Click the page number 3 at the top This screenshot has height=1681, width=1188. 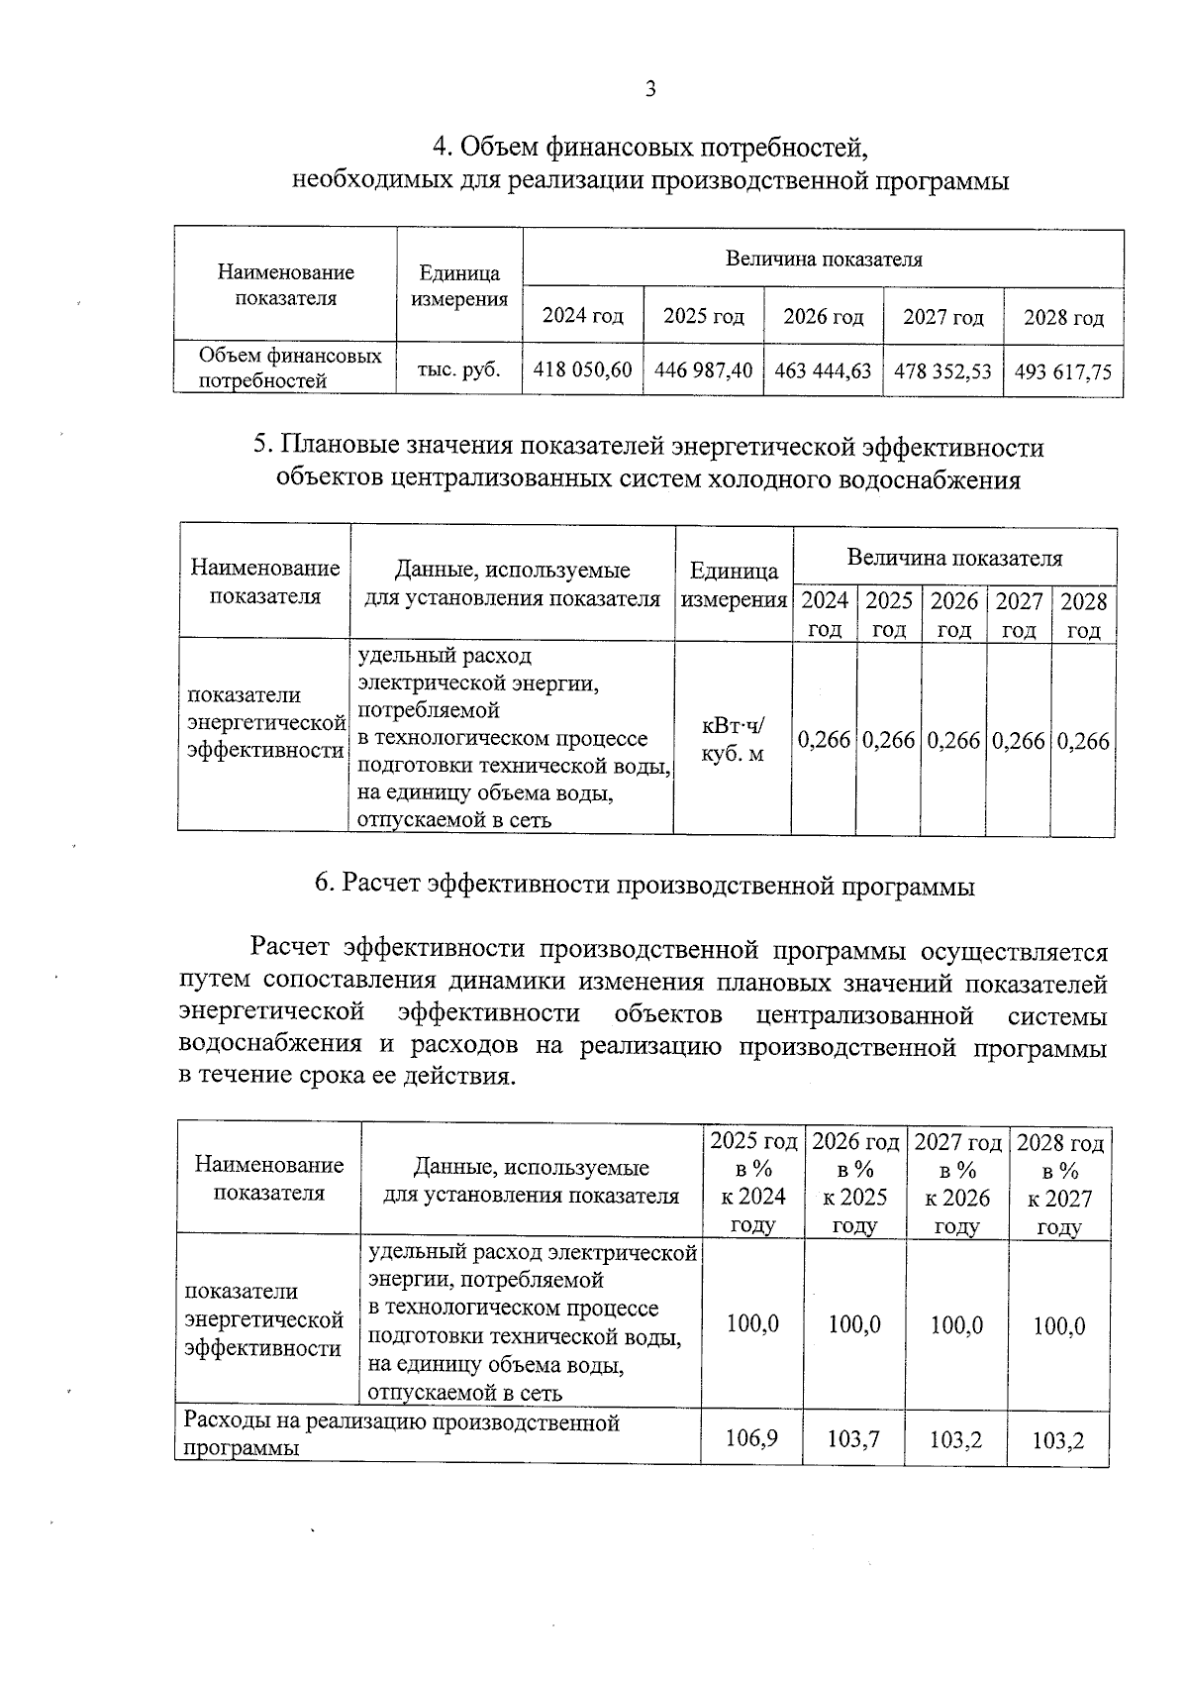coord(650,89)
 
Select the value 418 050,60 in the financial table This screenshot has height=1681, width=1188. coord(582,370)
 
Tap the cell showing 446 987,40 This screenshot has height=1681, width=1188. coord(703,370)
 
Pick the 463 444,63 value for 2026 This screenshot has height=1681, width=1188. coord(823,370)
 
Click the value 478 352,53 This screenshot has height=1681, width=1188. coord(942,371)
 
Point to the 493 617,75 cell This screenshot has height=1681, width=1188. coord(1063,372)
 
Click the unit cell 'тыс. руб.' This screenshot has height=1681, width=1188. coord(458,369)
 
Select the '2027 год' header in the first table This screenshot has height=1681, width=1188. coord(942,317)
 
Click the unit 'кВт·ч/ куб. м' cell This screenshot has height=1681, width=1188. coord(733,740)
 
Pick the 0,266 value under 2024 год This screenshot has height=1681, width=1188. coord(824,741)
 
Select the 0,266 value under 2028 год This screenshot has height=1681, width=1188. coord(1083,741)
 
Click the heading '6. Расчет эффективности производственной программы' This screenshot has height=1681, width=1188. coord(644,885)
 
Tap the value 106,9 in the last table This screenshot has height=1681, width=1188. coord(751,1437)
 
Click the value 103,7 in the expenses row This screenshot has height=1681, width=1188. coord(853,1438)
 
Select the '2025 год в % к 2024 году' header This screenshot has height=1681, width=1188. coord(753,1183)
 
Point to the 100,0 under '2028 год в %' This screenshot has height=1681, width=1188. coord(1058,1325)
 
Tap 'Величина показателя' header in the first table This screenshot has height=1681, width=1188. coord(823,260)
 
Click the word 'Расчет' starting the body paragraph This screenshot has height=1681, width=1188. coord(289,948)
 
